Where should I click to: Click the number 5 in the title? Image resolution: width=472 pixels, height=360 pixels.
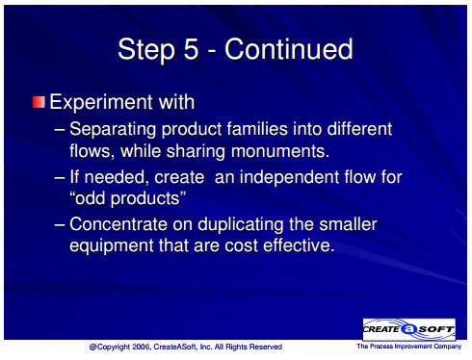(191, 49)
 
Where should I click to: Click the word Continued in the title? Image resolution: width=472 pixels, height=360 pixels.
(289, 49)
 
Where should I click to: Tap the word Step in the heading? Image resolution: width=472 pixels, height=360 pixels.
(146, 50)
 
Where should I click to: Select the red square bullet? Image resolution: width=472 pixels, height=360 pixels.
(39, 102)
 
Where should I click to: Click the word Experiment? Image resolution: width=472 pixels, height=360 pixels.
(101, 103)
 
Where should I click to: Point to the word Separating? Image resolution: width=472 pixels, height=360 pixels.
(113, 130)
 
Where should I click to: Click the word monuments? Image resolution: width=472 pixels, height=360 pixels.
(280, 151)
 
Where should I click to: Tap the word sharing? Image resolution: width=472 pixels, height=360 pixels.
(196, 152)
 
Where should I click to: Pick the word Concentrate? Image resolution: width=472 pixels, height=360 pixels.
(118, 224)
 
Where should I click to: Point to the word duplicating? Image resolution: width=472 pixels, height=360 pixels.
(240, 224)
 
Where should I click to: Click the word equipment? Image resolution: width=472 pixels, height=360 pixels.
(112, 246)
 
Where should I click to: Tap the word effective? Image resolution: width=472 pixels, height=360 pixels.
(299, 245)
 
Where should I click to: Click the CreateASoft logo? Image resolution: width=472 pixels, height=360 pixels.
(409, 329)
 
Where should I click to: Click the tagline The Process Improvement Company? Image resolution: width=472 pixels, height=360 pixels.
(408, 347)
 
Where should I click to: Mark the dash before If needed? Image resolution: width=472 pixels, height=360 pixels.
(60, 177)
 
